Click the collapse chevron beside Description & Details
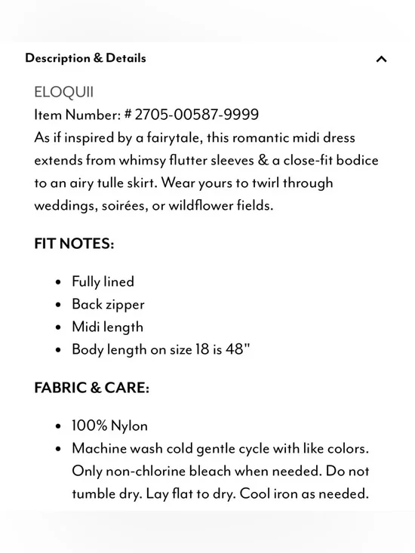381,59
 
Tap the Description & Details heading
85,58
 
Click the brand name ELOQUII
64,92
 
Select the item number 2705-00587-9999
196,115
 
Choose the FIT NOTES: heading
74,244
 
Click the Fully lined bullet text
103,281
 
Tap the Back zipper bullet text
108,304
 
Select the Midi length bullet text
107,327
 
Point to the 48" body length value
237,349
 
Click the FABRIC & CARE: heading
91,388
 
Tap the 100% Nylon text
109,426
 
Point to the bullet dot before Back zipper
58,305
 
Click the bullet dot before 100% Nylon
58,426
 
